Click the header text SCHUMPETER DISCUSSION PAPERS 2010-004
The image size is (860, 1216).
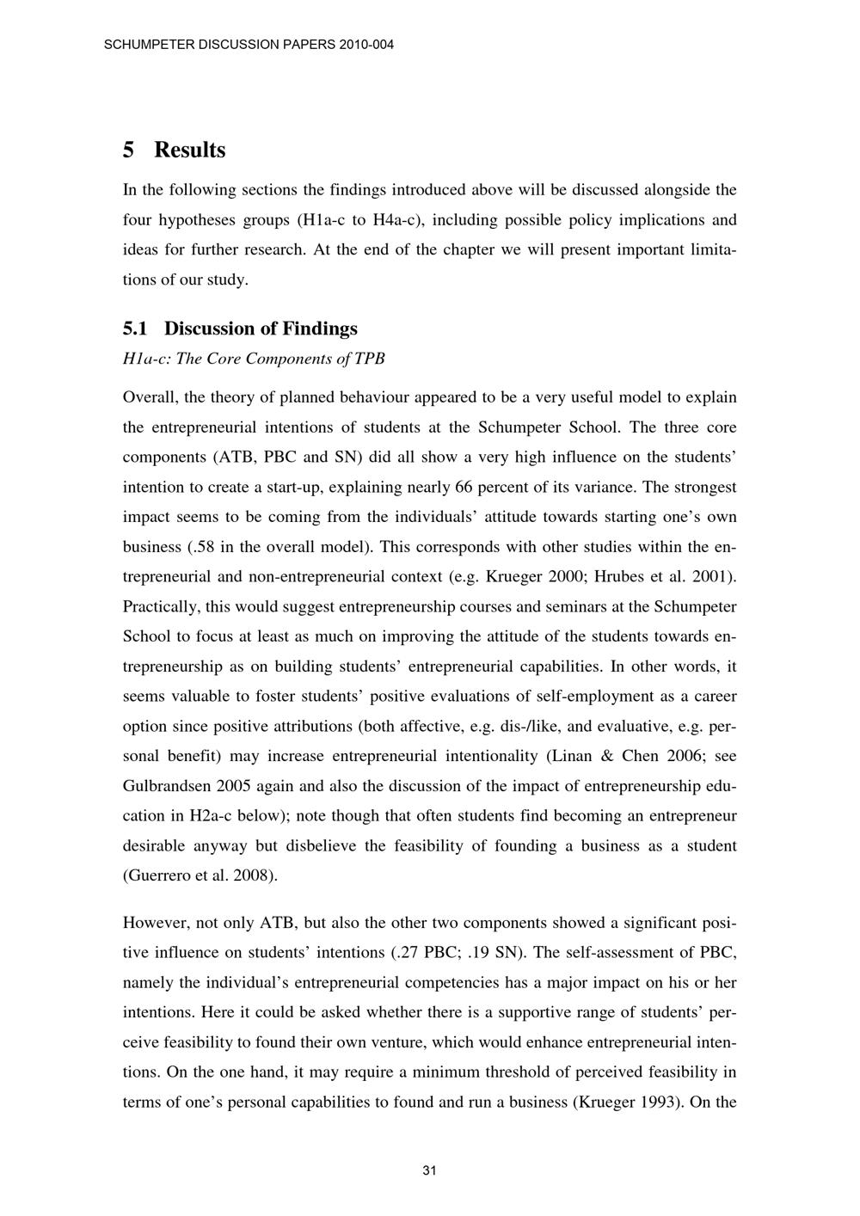pyautogui.click(x=249, y=44)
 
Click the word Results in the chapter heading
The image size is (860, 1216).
pyautogui.click(x=189, y=150)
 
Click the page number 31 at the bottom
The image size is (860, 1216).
pyautogui.click(x=430, y=1170)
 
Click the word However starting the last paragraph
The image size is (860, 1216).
pyautogui.click(x=155, y=924)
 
